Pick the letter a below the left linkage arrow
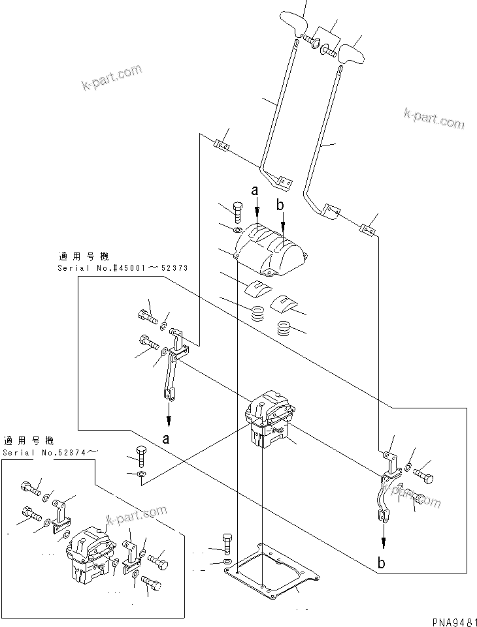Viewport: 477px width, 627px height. click(167, 438)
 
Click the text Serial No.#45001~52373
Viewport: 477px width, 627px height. click(114, 268)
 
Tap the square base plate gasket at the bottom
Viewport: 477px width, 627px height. click(271, 572)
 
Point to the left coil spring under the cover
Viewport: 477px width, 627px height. click(259, 313)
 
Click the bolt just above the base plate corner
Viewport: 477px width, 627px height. click(227, 542)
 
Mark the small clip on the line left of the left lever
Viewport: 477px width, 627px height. click(222, 144)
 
